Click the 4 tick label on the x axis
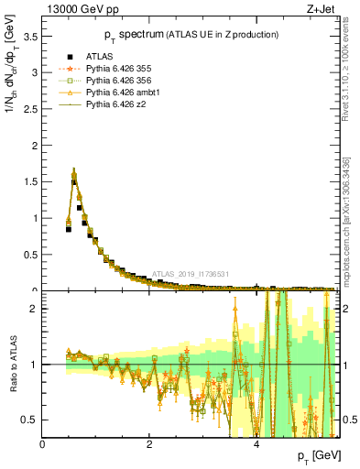[256, 442]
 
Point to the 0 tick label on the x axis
[43, 442]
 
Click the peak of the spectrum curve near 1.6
[74, 171]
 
